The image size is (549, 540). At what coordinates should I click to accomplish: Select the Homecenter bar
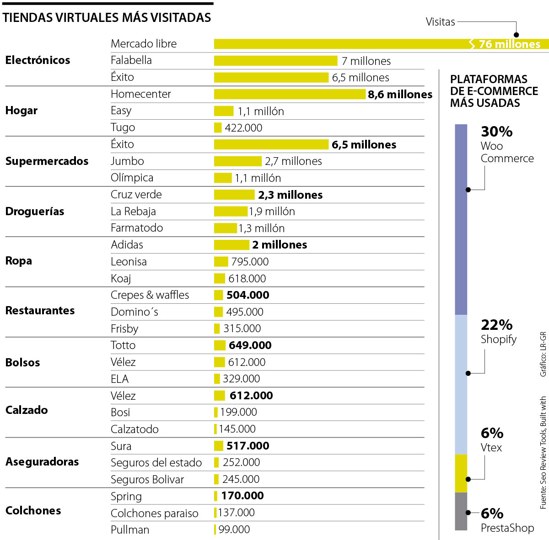[x=290, y=94]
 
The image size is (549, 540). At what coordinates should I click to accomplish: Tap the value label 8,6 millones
[x=400, y=95]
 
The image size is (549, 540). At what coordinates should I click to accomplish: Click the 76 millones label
[x=509, y=44]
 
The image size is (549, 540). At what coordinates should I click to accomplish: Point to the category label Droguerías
[x=35, y=212]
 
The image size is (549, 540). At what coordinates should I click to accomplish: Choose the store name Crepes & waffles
[x=150, y=295]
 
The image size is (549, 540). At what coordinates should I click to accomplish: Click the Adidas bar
[x=231, y=245]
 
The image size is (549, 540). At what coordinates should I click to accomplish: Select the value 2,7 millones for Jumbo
[x=293, y=161]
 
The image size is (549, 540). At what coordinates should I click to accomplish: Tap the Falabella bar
[x=275, y=61]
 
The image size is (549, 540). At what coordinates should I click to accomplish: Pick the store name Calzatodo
[x=135, y=429]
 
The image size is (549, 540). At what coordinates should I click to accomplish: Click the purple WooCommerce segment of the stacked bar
[x=461, y=219]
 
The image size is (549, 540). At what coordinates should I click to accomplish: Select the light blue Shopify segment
[x=461, y=384]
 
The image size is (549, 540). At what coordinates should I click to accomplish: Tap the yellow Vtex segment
[x=461, y=473]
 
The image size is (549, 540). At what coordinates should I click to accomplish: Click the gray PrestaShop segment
[x=461, y=511]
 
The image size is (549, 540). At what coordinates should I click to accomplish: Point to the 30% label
[x=496, y=132]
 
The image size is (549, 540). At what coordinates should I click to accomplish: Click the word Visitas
[x=440, y=22]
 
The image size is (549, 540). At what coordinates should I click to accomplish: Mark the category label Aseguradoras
[x=42, y=462]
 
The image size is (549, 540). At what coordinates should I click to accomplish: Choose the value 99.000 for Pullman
[x=234, y=529]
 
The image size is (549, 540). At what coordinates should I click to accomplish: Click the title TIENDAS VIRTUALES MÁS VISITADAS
[x=107, y=18]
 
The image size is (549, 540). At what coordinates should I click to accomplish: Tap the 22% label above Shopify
[x=496, y=325]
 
